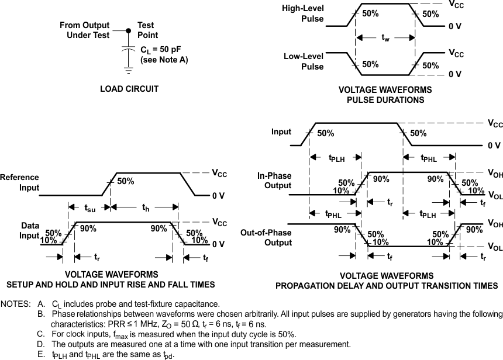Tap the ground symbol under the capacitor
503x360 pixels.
[x=128, y=70]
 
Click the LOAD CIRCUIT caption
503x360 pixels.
[x=129, y=89]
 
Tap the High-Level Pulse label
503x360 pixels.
[x=303, y=14]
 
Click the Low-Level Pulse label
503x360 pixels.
[x=304, y=61]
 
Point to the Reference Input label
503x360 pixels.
[x=20, y=182]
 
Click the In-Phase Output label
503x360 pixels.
[x=274, y=181]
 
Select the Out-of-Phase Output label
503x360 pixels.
[x=266, y=238]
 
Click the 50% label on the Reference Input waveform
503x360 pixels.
[x=125, y=181]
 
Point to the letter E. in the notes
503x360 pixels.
[x=40, y=354]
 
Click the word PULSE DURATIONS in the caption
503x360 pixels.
[x=385, y=100]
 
